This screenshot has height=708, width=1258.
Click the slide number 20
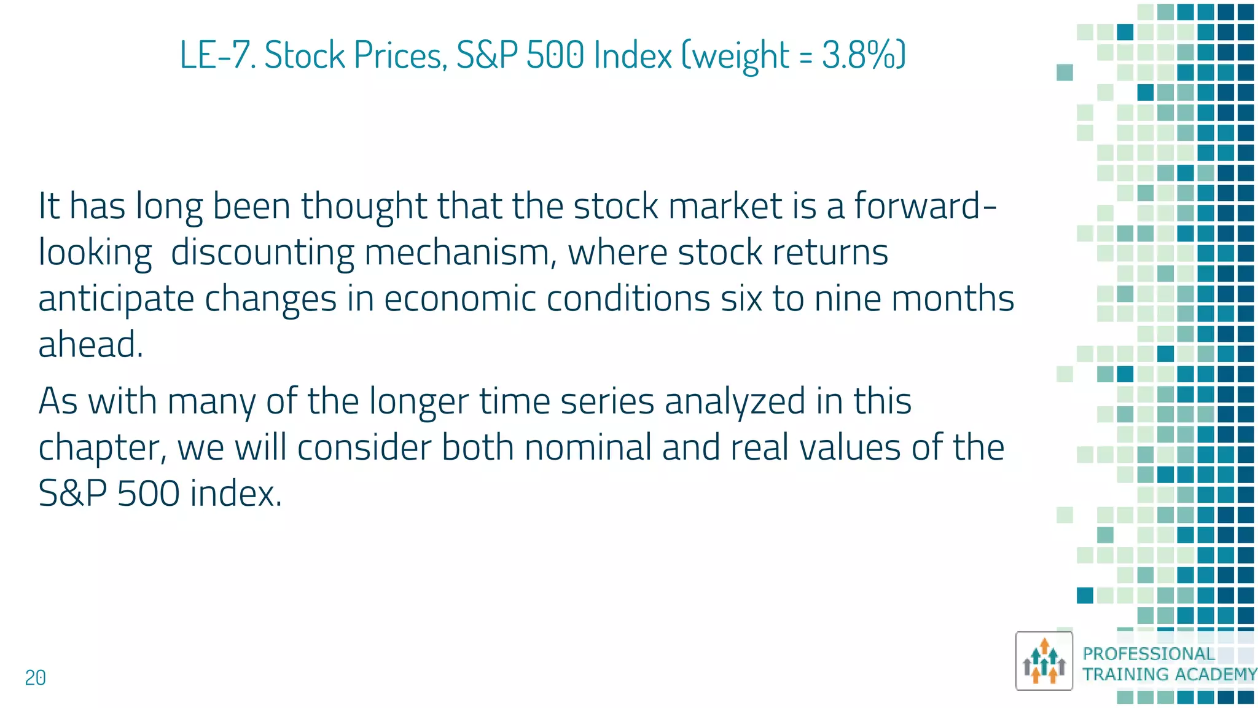[x=35, y=678]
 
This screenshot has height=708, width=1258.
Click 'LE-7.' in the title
[x=217, y=55]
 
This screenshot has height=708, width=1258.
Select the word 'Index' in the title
[x=633, y=55]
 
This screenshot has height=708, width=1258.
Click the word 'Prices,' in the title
[x=400, y=55]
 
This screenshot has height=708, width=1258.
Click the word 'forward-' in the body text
[x=925, y=205]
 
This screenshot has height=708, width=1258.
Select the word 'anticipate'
[x=116, y=299]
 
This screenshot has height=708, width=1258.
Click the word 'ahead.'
[x=91, y=344]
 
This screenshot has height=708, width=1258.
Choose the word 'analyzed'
[x=735, y=401]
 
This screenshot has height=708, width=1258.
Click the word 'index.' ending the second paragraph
[x=236, y=494]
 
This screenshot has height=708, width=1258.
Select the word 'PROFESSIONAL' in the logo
[x=1148, y=654]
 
